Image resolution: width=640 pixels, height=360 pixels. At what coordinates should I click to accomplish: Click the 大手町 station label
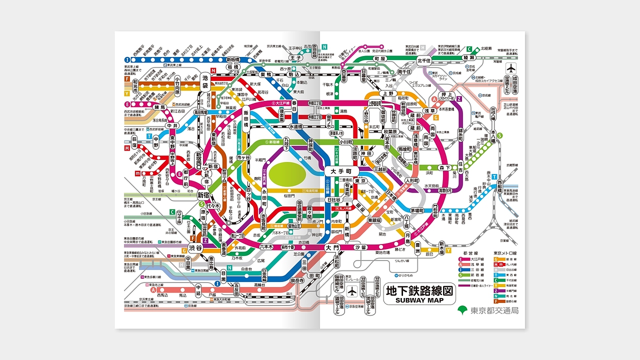click(x=342, y=171)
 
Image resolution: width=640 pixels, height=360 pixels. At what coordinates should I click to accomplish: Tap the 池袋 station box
click(x=205, y=81)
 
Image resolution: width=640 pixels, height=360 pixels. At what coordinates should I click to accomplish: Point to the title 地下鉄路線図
click(x=420, y=290)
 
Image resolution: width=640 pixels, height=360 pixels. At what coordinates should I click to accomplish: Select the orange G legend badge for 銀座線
click(x=496, y=259)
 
